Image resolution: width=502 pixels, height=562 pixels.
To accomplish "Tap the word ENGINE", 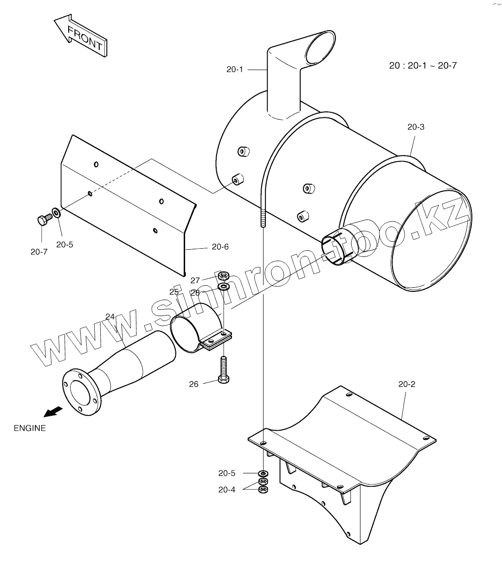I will pos(30,428).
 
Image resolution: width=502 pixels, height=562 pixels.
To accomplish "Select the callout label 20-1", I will pos(235,70).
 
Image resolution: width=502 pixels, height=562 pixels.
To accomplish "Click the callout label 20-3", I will pos(415,127).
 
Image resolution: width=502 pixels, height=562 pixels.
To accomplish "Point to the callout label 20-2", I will pos(406,384).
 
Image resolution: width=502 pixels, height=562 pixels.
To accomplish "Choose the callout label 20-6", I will pos(220,247).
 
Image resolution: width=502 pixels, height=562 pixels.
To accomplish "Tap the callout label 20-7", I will pos(39,252).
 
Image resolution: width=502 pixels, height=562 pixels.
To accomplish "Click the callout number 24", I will pos(110,317).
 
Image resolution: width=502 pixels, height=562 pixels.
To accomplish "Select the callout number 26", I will pos(194,384).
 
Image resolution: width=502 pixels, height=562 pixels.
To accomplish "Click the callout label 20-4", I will pos(227,490).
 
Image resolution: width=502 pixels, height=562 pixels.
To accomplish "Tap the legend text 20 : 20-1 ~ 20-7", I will pos(423,65).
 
